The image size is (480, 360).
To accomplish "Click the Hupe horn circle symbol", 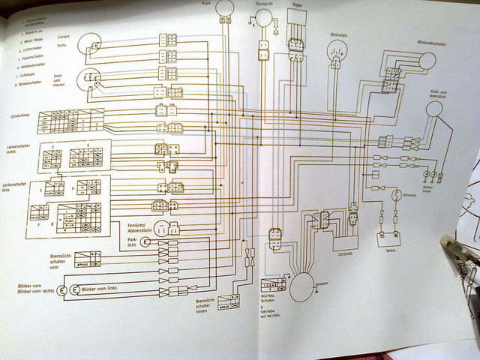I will click(226, 10).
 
